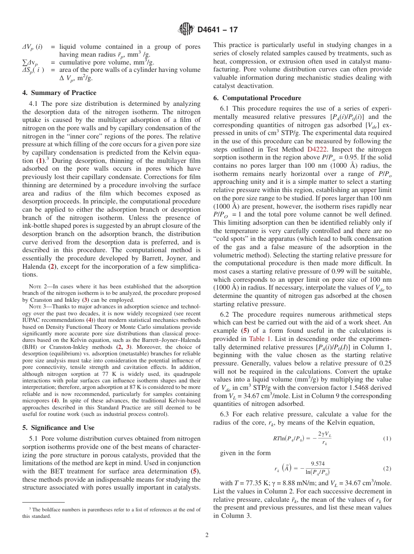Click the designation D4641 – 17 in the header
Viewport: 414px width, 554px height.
coord(217,30)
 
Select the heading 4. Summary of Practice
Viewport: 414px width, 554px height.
coord(59,93)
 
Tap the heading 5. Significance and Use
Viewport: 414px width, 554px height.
coord(58,428)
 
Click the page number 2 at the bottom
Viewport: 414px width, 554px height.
coord(207,535)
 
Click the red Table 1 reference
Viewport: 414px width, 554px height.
coord(260,338)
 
